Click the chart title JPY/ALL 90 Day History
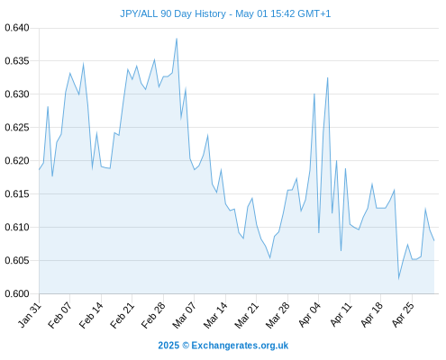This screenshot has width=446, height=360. (x=173, y=13)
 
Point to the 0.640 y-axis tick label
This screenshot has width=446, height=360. (x=17, y=28)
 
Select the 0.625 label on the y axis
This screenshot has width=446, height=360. (x=17, y=128)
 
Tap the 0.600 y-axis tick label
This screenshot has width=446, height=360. (x=17, y=293)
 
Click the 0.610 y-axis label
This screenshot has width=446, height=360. (x=17, y=227)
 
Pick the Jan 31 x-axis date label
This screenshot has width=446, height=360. (x=30, y=315)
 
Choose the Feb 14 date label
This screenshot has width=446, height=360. (x=91, y=315)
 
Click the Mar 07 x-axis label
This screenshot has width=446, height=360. (x=184, y=315)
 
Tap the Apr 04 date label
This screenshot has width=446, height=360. (x=309, y=315)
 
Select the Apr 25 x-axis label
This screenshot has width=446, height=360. (x=403, y=315)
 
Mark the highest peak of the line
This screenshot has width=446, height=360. (x=177, y=39)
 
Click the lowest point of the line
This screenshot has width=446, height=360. (x=399, y=279)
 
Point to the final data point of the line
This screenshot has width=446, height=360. (x=434, y=240)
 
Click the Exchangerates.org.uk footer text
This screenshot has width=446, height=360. (x=240, y=346)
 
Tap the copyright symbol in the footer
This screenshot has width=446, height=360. (x=186, y=346)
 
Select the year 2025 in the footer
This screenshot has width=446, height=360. (x=168, y=346)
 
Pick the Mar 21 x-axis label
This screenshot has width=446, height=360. (x=246, y=315)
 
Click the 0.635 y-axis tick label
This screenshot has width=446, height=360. (x=17, y=61)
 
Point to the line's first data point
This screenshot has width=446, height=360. (x=39, y=169)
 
